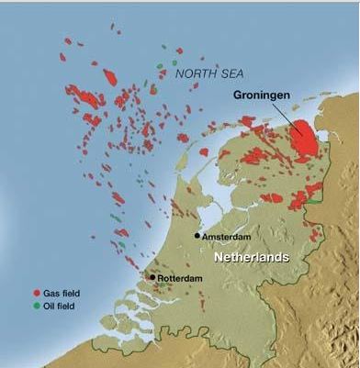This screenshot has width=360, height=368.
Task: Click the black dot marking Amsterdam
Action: coord(197,235)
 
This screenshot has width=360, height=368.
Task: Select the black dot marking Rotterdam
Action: coord(152,275)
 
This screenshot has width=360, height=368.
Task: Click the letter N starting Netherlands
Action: coord(219,258)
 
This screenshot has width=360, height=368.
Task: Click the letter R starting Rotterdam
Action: coord(161,276)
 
